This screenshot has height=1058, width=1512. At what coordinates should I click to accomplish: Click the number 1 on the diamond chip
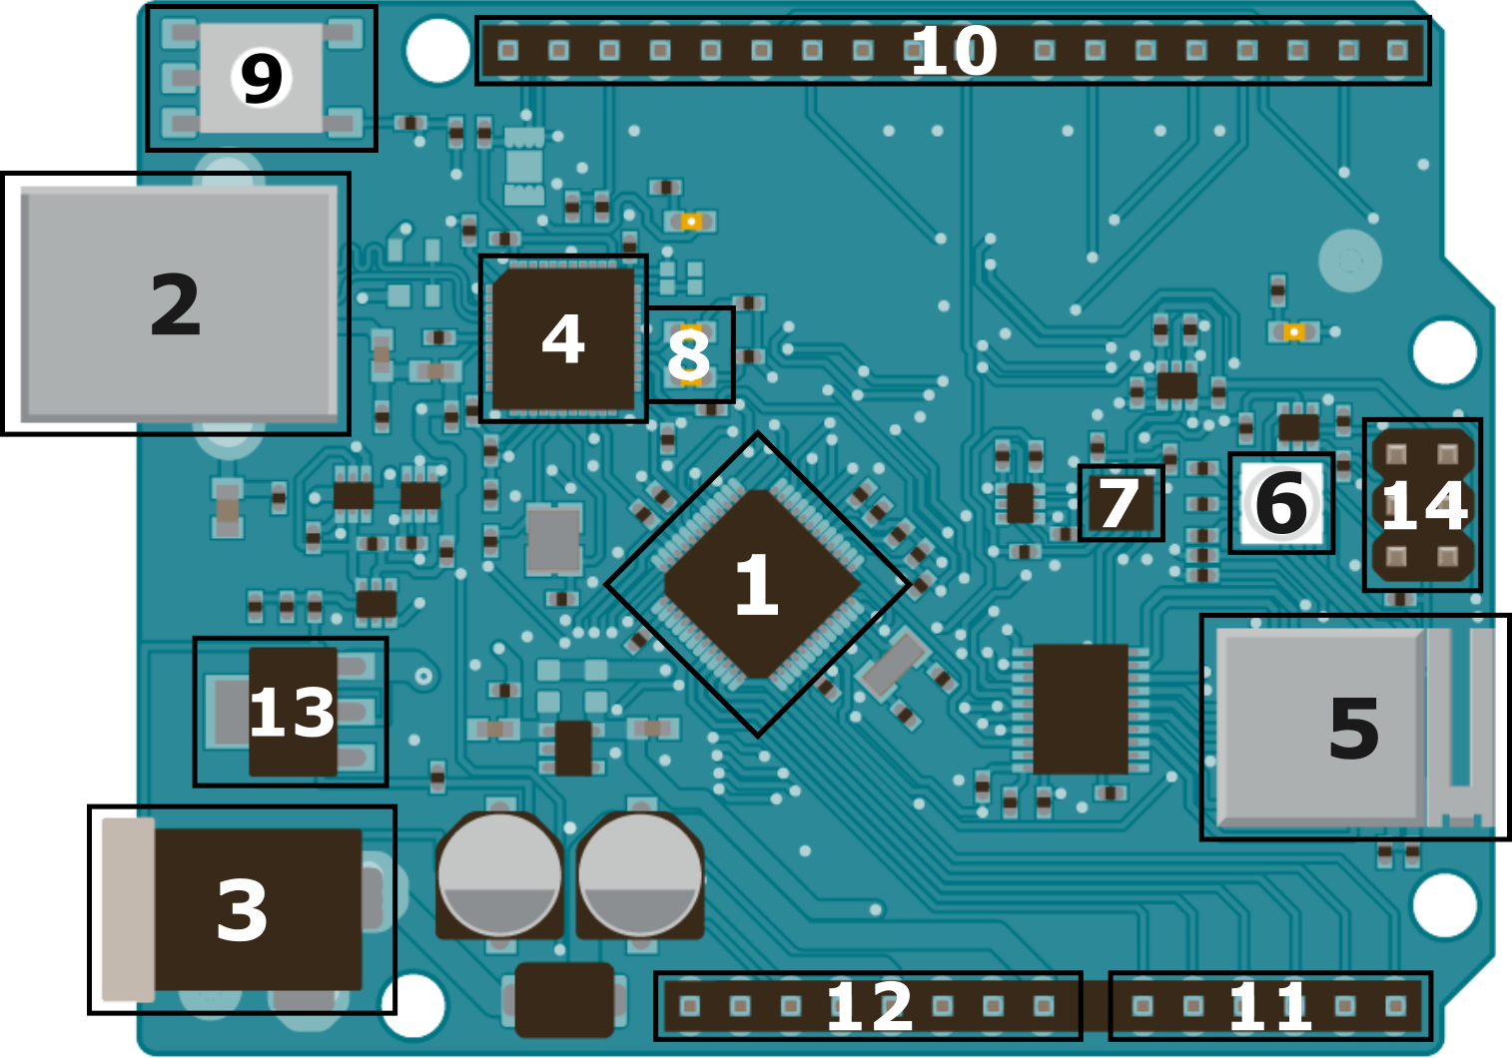pyautogui.click(x=756, y=585)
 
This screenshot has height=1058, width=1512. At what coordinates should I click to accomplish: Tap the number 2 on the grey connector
pyautogui.click(x=176, y=305)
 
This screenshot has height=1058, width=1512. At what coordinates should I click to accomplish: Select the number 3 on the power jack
pyautogui.click(x=243, y=910)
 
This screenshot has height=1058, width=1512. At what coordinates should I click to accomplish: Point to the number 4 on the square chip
pyautogui.click(x=563, y=339)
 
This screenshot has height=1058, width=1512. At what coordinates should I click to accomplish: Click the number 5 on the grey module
pyautogui.click(x=1354, y=729)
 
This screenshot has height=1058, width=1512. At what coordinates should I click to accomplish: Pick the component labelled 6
pyautogui.click(x=1281, y=503)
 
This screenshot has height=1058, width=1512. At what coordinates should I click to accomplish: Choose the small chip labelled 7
pyautogui.click(x=1120, y=504)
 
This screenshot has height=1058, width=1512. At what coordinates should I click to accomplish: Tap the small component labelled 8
pyautogui.click(x=689, y=355)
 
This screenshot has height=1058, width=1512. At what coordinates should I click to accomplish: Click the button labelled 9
pyautogui.click(x=262, y=79)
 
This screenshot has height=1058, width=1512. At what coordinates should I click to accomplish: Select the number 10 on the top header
pyautogui.click(x=954, y=51)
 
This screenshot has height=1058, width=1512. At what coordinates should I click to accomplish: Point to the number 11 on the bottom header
pyautogui.click(x=1269, y=1007)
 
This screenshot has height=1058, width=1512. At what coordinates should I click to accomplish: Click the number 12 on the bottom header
pyautogui.click(x=870, y=1007)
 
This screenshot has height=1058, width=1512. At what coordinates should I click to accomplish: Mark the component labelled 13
pyautogui.click(x=292, y=713)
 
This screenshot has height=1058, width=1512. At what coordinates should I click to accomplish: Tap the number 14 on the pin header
pyautogui.click(x=1424, y=506)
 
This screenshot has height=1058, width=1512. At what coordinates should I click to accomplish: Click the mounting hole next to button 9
pyautogui.click(x=437, y=50)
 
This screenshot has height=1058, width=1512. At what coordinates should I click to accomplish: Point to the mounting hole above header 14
pyautogui.click(x=1444, y=351)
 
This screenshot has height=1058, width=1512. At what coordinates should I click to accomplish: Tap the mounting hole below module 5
pyautogui.click(x=1444, y=904)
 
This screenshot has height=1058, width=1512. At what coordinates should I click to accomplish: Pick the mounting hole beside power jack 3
pyautogui.click(x=413, y=1004)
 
